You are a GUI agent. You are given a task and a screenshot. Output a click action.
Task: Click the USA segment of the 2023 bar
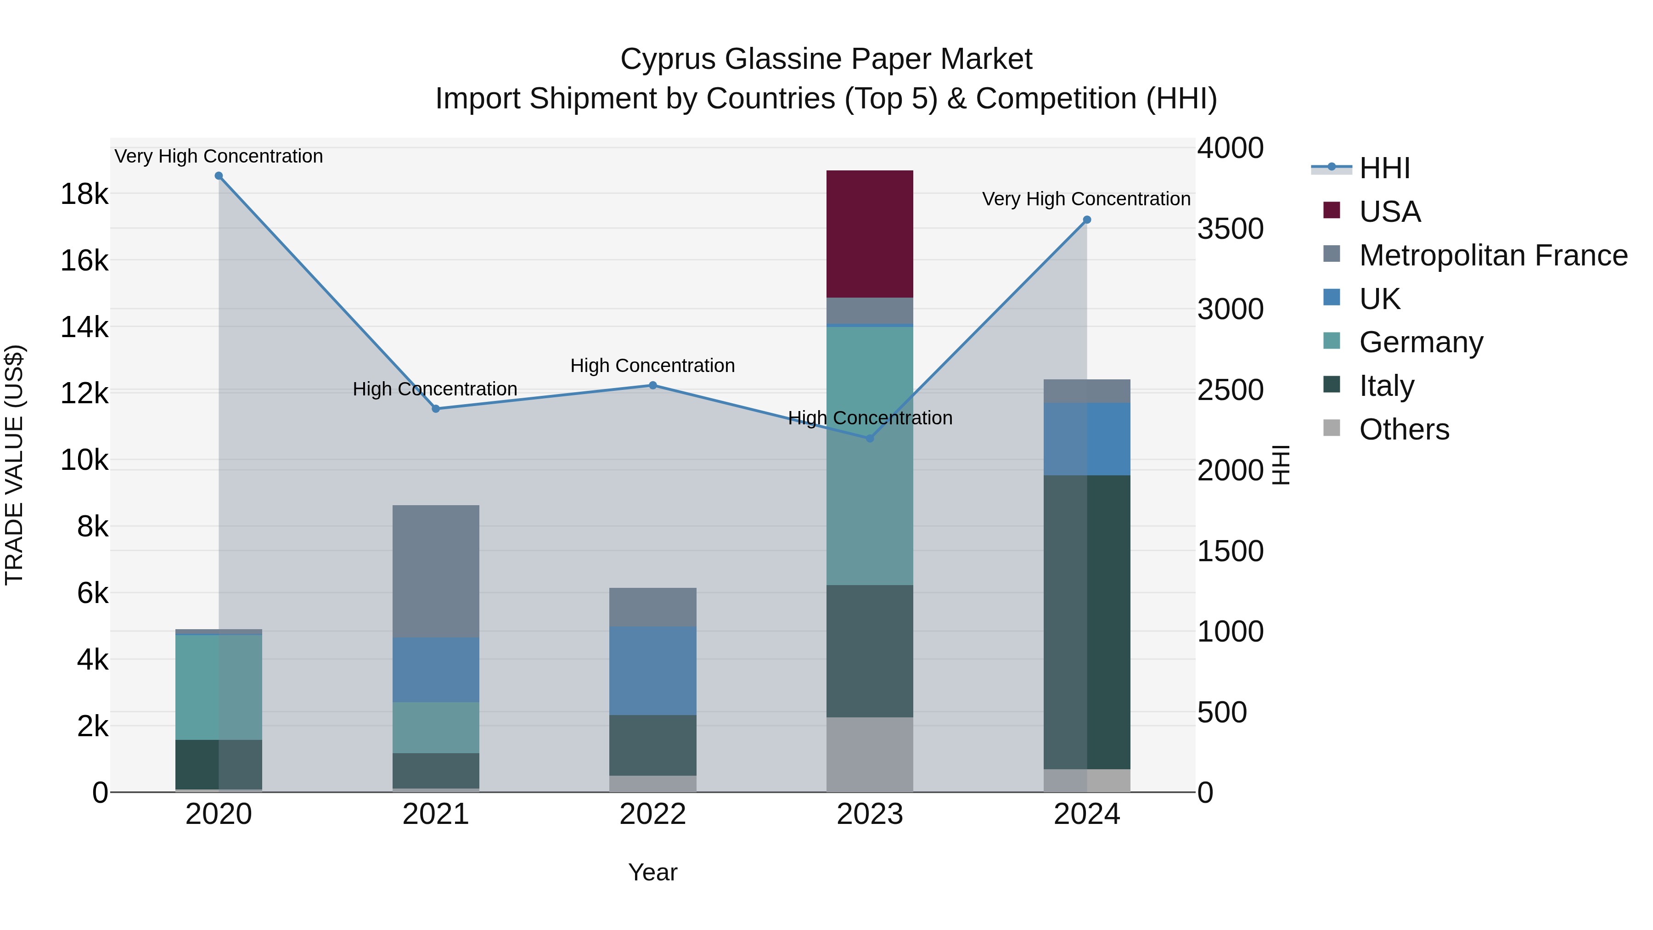coord(870,234)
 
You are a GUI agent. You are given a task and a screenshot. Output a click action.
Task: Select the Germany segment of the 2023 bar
coord(870,456)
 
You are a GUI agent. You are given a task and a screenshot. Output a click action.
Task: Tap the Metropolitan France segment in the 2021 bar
coord(436,571)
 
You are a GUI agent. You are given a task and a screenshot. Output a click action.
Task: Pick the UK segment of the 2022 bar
coord(652,670)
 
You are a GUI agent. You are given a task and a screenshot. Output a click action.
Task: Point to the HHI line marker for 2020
coord(219,176)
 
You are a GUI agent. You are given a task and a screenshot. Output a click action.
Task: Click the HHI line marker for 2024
coord(1086,220)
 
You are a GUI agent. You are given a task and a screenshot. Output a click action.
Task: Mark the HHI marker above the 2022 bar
coord(652,385)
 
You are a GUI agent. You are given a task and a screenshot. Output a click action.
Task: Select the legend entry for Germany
coord(1421,342)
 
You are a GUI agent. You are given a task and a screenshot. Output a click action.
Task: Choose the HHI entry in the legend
coord(1384,168)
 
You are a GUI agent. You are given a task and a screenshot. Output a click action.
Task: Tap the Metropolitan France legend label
coord(1493,255)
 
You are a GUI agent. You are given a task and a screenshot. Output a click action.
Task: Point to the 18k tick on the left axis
coord(84,194)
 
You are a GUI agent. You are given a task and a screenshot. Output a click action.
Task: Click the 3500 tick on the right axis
coord(1230,229)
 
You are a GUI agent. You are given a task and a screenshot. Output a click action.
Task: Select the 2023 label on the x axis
coord(870,814)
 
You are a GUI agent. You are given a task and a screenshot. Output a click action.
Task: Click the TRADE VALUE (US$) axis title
coord(15,465)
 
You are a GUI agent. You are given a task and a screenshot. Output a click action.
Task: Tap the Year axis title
coord(652,872)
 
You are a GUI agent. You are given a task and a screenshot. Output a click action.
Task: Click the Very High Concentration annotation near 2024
coord(1086,199)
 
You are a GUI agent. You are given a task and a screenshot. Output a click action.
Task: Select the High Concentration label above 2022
coord(652,366)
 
